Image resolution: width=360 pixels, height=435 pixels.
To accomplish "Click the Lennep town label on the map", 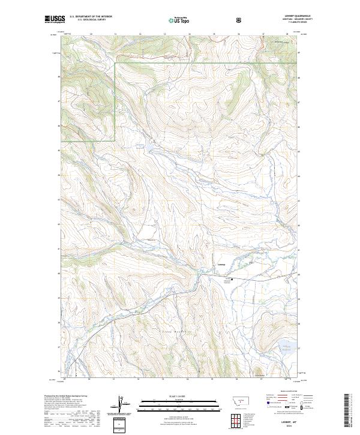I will pyautogui.click(x=221, y=265).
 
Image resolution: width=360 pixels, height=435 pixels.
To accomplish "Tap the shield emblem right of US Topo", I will pyautogui.click(x=206, y=20).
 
